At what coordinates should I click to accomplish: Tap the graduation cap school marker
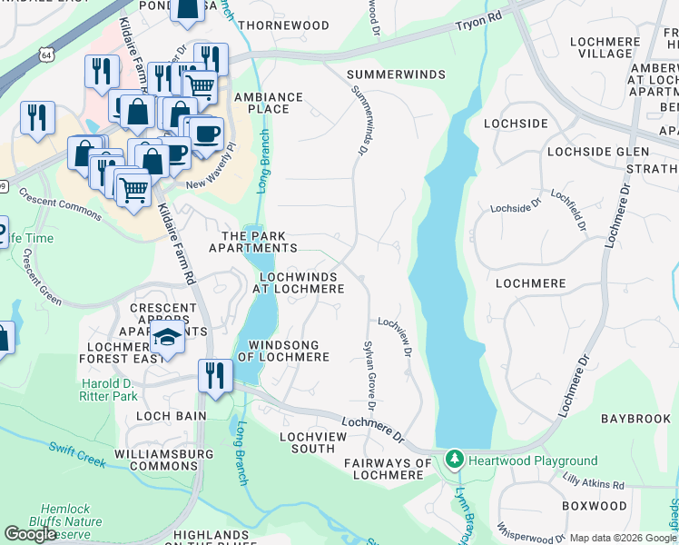(167, 338)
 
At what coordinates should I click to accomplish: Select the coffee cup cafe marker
(206, 134)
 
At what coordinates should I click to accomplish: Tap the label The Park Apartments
(252, 242)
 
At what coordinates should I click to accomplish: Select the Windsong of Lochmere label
(282, 352)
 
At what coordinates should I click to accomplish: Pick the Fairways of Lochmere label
(389, 469)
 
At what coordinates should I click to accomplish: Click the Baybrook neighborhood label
(635, 419)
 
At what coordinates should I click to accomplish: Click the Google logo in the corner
(30, 533)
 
